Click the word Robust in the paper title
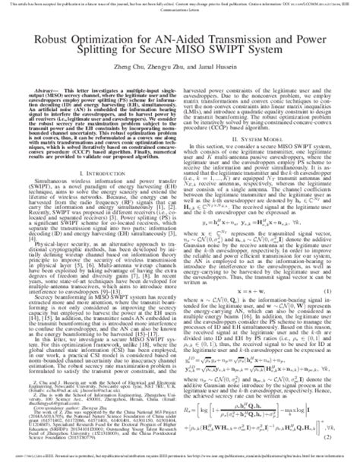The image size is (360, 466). tap(71, 36)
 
